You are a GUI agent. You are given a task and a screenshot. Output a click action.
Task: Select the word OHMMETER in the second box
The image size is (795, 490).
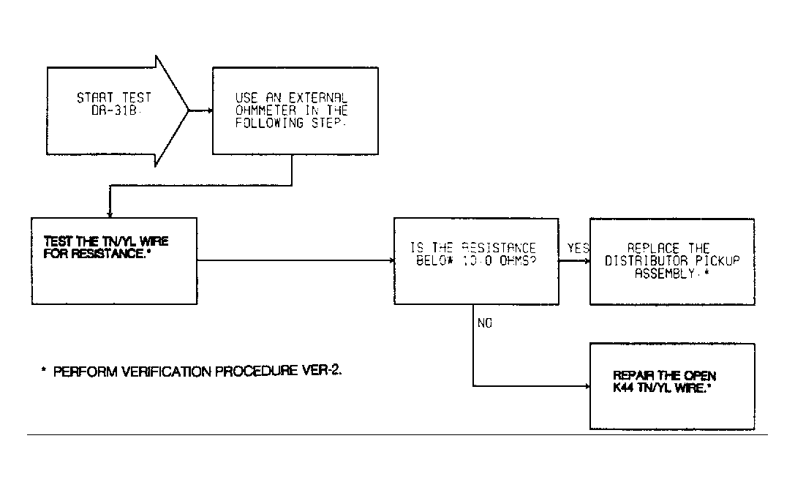click(265, 110)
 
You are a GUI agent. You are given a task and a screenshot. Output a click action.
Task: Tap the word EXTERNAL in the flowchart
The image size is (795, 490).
click(317, 97)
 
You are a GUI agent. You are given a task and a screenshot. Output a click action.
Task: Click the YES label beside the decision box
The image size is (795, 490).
click(578, 248)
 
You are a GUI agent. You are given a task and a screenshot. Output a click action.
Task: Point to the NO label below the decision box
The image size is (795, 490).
click(485, 323)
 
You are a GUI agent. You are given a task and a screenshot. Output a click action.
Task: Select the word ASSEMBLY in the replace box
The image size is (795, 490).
click(665, 274)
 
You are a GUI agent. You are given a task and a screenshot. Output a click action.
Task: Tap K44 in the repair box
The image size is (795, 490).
click(623, 388)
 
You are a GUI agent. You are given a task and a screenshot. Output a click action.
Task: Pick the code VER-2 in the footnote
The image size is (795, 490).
click(322, 370)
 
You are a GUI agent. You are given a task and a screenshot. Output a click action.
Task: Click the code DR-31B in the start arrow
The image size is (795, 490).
click(114, 110)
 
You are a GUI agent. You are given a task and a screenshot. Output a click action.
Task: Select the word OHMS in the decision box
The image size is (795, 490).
click(516, 261)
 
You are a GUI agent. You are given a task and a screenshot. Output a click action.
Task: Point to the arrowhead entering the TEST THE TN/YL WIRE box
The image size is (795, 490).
click(110, 215)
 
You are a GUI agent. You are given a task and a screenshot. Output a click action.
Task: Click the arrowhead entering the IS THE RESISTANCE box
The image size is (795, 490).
click(391, 260)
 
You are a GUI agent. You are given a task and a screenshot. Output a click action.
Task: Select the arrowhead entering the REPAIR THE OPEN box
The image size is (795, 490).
click(587, 386)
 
